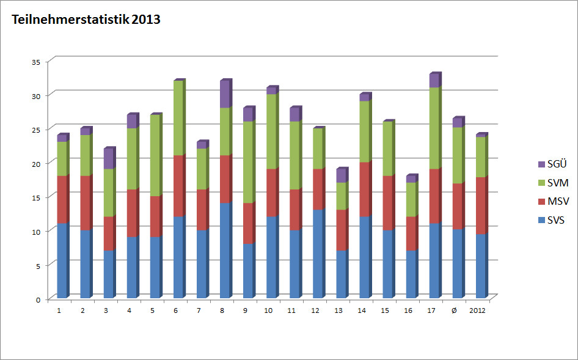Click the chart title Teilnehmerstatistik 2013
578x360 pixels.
tap(86, 20)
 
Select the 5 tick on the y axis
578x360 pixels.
tap(37, 265)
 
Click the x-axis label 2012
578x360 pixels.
tap(478, 310)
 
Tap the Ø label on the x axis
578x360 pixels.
tap(453, 310)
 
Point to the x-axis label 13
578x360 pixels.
tap(338, 310)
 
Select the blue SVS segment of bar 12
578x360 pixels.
tap(318, 254)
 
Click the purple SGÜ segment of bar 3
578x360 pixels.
tap(109, 159)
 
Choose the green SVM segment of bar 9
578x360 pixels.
tap(249, 163)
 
